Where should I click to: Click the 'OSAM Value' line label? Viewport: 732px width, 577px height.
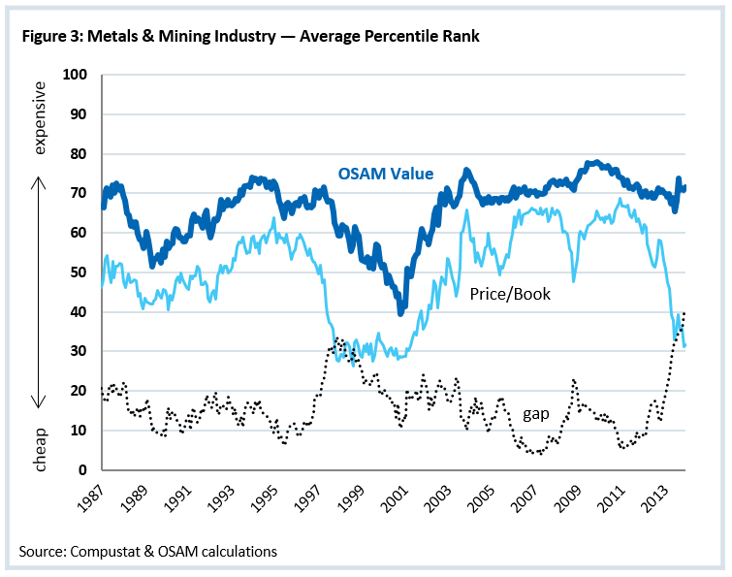[385, 174]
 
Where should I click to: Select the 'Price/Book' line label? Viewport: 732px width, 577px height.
[509, 293]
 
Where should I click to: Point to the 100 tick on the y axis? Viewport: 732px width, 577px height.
[75, 75]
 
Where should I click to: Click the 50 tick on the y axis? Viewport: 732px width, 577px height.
[79, 272]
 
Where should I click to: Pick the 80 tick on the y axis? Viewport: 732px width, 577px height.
[79, 154]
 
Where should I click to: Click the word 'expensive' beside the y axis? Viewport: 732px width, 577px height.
[40, 117]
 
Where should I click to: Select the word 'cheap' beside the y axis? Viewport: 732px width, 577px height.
[40, 450]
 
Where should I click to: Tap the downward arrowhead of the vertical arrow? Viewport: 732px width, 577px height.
[40, 404]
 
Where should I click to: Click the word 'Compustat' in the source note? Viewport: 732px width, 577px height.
[102, 551]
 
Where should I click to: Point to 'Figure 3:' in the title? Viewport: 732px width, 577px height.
[50, 37]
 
